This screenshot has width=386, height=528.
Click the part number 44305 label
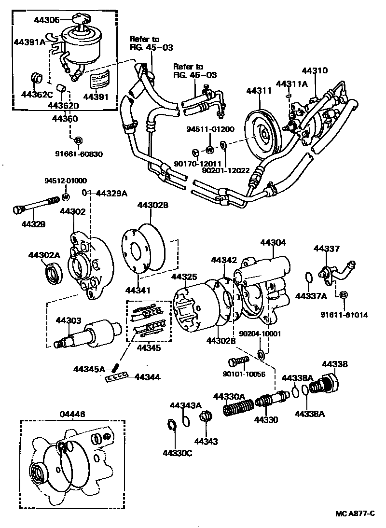point(47,20)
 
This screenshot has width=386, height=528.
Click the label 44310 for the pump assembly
point(315,70)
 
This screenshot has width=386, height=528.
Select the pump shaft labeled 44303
point(87,334)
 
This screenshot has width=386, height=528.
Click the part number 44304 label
point(273,243)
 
